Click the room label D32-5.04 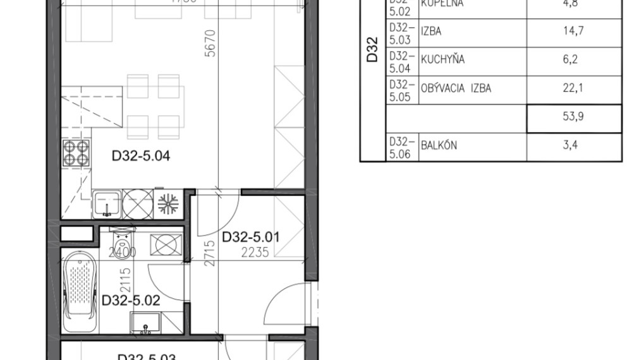click(x=141, y=155)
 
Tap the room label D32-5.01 click(x=251, y=238)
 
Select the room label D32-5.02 click(x=131, y=300)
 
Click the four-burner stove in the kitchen click(x=76, y=153)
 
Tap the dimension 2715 click(x=211, y=251)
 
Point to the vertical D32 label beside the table click(x=372, y=51)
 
